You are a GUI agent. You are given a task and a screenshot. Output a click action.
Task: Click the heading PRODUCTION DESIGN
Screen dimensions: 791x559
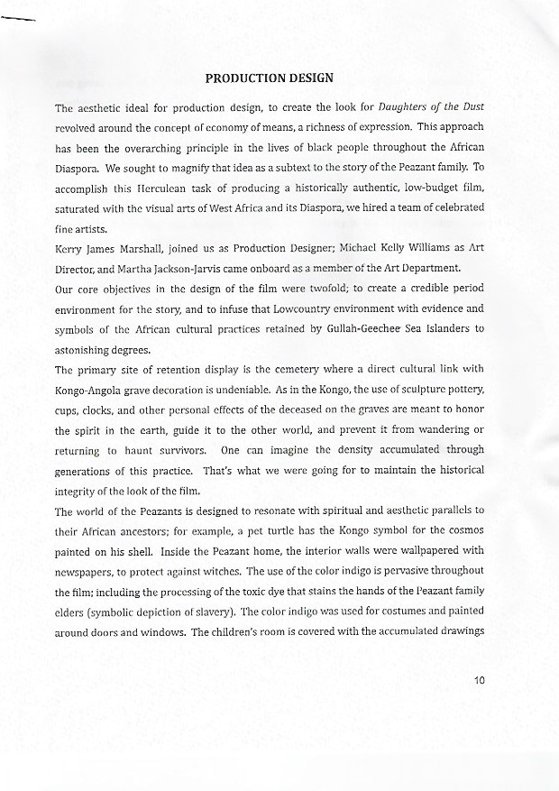(270, 78)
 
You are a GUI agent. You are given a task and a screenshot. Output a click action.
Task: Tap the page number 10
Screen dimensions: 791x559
(478, 680)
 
